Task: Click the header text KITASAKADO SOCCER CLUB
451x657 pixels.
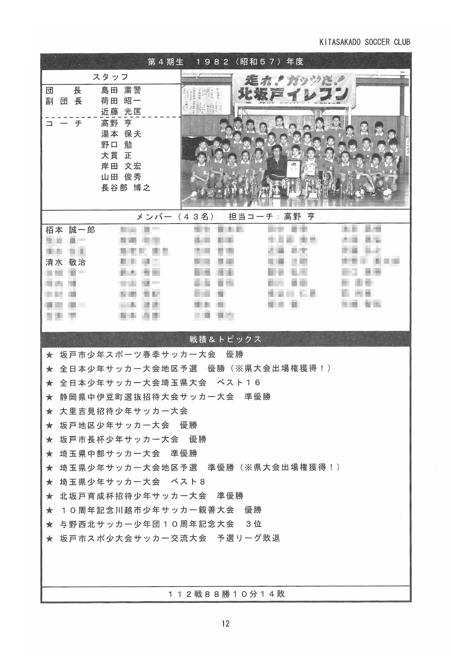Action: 364,42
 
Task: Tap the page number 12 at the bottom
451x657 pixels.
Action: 225,624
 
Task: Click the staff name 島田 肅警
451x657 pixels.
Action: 121,90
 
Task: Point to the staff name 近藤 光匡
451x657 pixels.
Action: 121,112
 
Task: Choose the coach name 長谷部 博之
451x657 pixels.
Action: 126,188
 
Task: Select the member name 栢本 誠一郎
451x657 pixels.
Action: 70,230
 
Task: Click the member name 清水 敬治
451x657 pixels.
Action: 65,262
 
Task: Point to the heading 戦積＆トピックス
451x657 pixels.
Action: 225,339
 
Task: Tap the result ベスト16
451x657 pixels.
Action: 239,383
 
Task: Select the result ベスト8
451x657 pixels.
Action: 188,482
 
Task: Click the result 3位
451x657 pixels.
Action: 254,524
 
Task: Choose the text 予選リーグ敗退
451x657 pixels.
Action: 249,538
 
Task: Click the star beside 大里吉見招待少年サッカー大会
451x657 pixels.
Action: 49,411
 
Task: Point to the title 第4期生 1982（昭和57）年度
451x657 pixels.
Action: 225,62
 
